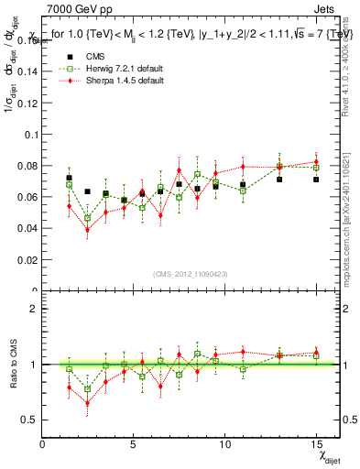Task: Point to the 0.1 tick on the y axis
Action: coord(31,134)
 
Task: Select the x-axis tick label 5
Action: coord(134,444)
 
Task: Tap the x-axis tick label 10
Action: coord(224,444)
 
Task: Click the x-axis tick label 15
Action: coord(316,444)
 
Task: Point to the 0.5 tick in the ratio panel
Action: coord(31,420)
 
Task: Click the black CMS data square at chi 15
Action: coord(316,180)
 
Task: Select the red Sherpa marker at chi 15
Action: coord(316,162)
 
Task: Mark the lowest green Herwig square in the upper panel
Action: coord(87,218)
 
